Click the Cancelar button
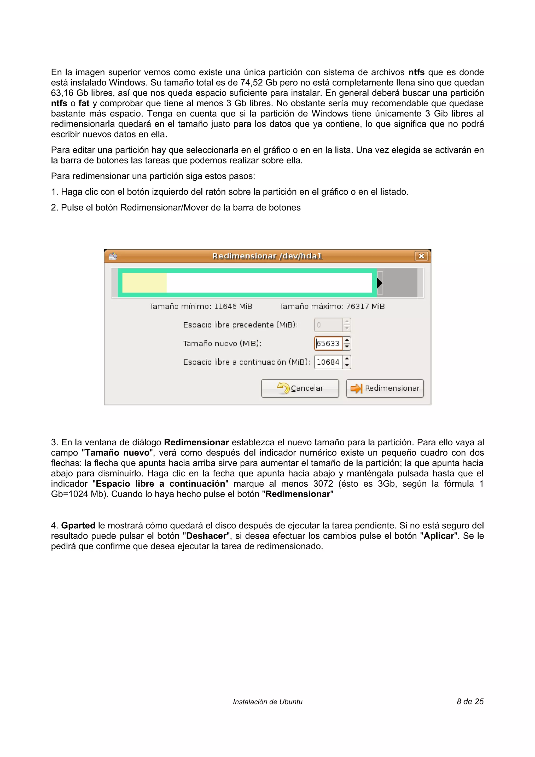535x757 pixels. tap(300, 388)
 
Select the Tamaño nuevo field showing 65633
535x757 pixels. tap(328, 343)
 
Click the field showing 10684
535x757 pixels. tap(328, 362)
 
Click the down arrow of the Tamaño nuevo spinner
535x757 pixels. tap(347, 347)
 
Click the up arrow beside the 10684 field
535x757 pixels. tap(347, 359)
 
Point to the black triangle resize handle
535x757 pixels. tap(379, 283)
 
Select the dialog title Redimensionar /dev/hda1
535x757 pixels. tap(267, 256)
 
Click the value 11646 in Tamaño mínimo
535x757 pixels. tap(225, 307)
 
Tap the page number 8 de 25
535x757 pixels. tap(470, 702)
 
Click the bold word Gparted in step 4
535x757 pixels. tap(78, 526)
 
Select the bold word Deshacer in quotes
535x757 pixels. tap(206, 536)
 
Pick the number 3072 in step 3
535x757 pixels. tap(323, 484)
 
